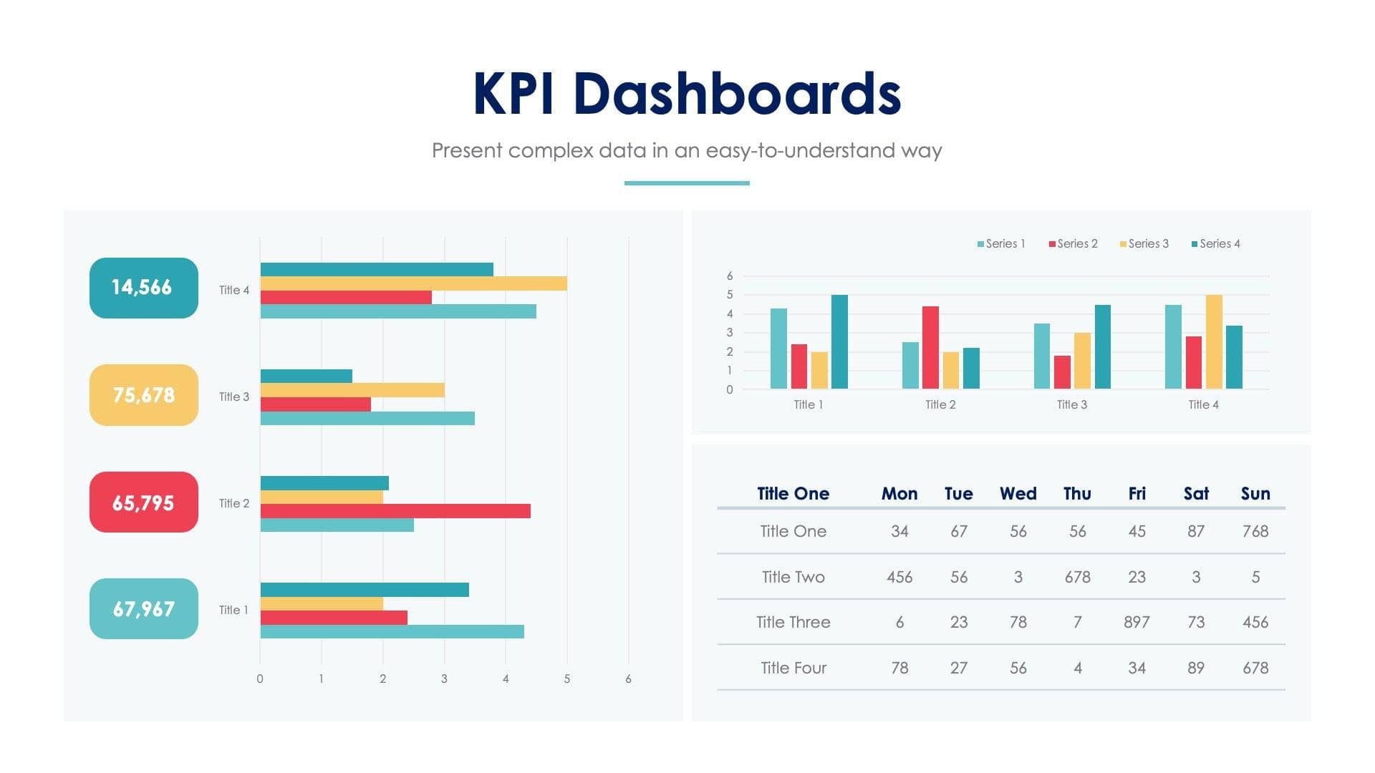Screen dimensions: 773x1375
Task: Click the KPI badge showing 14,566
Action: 143,288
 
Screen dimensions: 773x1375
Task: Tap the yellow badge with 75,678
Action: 143,395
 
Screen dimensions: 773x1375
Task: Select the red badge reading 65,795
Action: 143,502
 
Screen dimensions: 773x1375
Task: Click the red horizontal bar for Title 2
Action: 395,511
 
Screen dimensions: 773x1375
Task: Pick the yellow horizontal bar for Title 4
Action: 413,283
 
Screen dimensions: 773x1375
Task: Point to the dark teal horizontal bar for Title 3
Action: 306,376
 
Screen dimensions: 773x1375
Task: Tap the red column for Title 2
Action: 930,348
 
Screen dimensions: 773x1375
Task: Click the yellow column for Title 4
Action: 1214,342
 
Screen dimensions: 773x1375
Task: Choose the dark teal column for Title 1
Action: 839,342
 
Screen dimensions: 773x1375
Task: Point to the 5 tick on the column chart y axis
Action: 730,295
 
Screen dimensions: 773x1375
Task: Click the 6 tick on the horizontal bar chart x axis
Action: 628,679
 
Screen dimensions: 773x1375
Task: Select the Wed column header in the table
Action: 1018,494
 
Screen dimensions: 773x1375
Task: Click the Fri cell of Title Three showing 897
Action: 1137,622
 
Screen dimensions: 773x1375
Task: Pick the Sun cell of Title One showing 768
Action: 1255,531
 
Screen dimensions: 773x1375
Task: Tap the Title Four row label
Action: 793,668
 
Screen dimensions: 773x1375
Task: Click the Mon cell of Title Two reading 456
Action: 899,577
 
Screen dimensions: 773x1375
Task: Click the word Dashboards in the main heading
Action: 737,94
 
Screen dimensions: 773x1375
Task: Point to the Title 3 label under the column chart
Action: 1071,405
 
